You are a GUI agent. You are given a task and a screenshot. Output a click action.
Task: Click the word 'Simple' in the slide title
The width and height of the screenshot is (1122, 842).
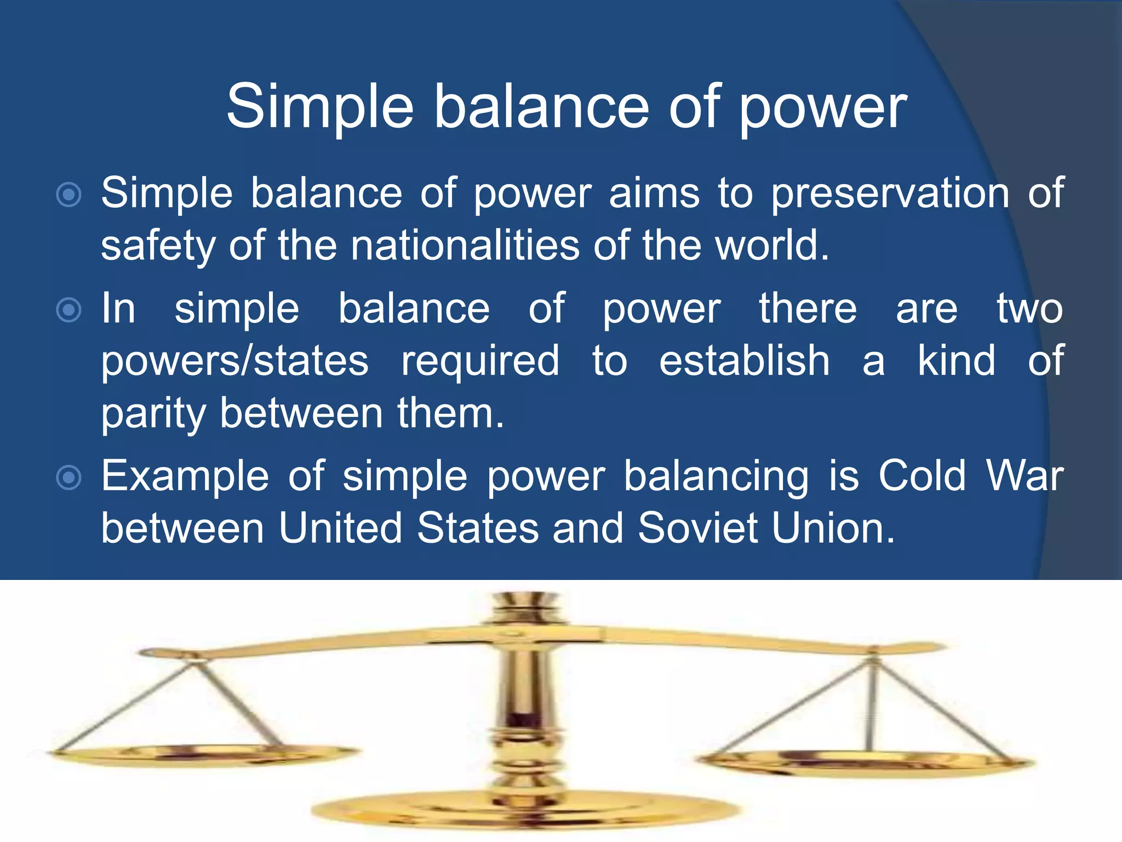[320, 107]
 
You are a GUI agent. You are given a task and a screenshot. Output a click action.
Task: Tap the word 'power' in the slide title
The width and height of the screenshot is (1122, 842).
[823, 107]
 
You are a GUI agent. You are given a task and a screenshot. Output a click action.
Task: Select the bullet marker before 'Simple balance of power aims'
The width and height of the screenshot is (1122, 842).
[69, 195]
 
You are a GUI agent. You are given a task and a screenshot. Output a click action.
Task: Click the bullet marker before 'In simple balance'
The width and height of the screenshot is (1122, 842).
[69, 310]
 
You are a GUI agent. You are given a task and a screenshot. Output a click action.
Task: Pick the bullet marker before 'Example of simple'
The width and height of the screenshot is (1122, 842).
[69, 477]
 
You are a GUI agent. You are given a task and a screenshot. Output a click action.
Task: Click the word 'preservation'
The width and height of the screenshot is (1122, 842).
[890, 194]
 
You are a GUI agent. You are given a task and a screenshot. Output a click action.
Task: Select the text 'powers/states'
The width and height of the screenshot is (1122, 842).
[235, 361]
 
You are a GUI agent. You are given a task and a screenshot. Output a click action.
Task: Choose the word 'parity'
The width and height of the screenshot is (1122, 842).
[153, 414]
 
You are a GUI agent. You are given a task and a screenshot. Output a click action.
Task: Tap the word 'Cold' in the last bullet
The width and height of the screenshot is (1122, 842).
[922, 476]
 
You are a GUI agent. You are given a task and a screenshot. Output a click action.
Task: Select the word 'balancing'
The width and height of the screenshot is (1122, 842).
[716, 476]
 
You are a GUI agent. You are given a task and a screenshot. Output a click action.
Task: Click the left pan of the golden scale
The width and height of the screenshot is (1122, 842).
[203, 754]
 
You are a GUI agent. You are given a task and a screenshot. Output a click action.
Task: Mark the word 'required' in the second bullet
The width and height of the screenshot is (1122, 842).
[480, 361]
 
